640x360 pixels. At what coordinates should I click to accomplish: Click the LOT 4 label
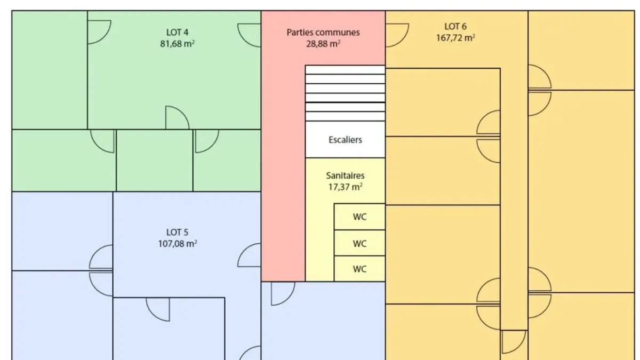click(x=177, y=33)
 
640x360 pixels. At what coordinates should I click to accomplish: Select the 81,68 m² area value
click(x=177, y=44)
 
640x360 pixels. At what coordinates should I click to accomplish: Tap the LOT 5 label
click(x=177, y=233)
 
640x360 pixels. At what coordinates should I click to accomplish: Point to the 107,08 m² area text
click(x=178, y=244)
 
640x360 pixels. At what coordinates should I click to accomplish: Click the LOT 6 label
click(x=455, y=27)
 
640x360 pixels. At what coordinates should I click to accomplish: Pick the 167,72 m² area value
click(x=455, y=38)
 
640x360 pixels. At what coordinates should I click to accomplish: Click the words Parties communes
click(x=323, y=33)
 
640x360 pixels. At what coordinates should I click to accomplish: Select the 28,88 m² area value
click(x=323, y=44)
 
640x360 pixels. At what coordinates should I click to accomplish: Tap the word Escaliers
click(x=345, y=140)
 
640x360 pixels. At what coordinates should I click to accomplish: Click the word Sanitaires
click(x=345, y=175)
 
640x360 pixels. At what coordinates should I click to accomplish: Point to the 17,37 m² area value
click(x=345, y=187)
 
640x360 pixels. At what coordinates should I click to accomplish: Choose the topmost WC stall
click(x=359, y=217)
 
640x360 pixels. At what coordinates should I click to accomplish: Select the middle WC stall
click(x=359, y=243)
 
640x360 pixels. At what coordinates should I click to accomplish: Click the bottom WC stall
click(x=359, y=269)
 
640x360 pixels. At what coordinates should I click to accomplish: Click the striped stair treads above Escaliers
click(x=345, y=93)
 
